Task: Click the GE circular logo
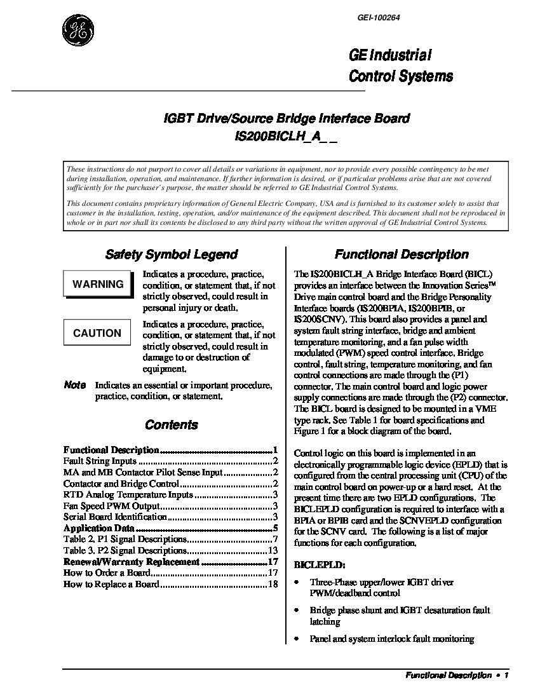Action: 78,29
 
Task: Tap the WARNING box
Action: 98,284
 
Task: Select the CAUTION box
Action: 97,333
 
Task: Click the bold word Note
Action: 75,385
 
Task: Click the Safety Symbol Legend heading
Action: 171,255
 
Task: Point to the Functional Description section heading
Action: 402,255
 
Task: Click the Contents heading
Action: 172,425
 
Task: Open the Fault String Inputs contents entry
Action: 100,461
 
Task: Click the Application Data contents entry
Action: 99,529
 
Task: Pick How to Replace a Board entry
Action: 111,585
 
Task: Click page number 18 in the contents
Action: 274,585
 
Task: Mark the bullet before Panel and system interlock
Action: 296,638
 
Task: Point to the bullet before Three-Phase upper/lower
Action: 296,581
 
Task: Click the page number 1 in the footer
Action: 506,676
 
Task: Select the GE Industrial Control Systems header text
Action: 401,66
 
